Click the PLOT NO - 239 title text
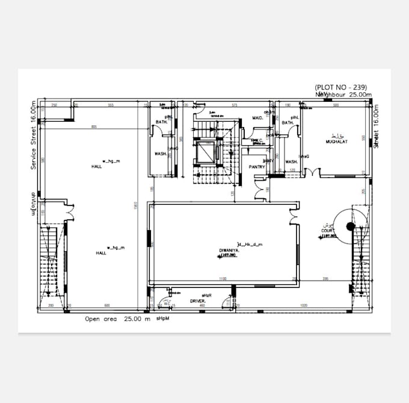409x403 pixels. [340, 87]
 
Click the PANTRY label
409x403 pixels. [258, 166]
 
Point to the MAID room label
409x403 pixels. [256, 117]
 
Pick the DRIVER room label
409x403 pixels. [198, 301]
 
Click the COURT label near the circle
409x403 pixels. [327, 231]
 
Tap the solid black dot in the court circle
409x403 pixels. [351, 226]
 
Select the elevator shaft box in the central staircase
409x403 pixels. [204, 153]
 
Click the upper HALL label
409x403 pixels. [97, 166]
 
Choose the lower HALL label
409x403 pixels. [101, 254]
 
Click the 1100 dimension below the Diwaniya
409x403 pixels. [222, 278]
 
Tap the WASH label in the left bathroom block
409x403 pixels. [160, 154]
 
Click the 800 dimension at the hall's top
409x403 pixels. [94, 127]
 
